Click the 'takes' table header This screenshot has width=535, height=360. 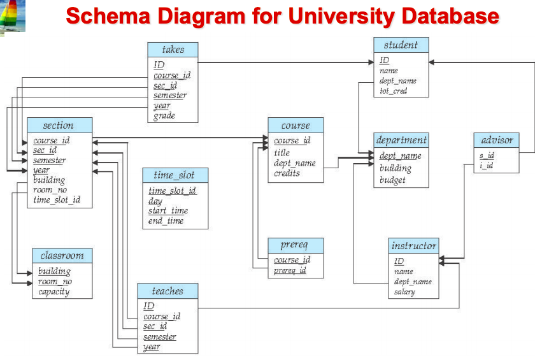pyautogui.click(x=173, y=50)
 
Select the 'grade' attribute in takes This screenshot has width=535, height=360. pyautogui.click(x=164, y=116)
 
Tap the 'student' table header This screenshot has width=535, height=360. pyautogui.click(x=401, y=45)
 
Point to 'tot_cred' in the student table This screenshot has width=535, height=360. pyautogui.click(x=393, y=91)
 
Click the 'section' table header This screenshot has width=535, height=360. pyautogui.click(x=59, y=126)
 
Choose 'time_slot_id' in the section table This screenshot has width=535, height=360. pyautogui.click(x=57, y=200)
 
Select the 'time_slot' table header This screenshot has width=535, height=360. pyautogui.click(x=174, y=175)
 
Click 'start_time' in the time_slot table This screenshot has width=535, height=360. pyautogui.click(x=168, y=211)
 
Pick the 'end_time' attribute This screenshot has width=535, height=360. pyautogui.click(x=166, y=221)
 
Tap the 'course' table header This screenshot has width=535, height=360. pyautogui.click(x=296, y=126)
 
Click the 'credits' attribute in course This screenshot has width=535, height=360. pyautogui.click(x=287, y=173)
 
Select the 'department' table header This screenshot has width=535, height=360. pyautogui.click(x=401, y=140)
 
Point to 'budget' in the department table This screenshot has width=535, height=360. pyautogui.click(x=392, y=180)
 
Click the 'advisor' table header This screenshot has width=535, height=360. pyautogui.click(x=497, y=140)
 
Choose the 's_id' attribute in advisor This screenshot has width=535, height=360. pyautogui.click(x=487, y=155)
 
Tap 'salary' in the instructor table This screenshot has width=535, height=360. pyautogui.click(x=404, y=292)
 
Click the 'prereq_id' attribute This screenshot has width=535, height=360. pyautogui.click(x=290, y=270)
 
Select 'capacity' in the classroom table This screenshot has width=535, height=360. pyautogui.click(x=53, y=292)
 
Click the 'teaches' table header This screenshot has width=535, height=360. pyautogui.click(x=168, y=291)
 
